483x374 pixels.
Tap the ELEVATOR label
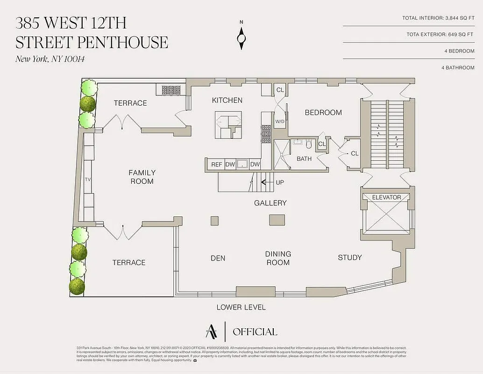point(386,197)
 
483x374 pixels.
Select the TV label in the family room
point(87,180)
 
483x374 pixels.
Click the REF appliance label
point(216,165)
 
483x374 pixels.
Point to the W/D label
point(280,122)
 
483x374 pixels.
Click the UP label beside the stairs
point(279,182)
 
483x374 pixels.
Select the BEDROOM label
point(323,113)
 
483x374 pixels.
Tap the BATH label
point(304,159)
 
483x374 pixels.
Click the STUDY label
point(350,258)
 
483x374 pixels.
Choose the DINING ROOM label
point(278,258)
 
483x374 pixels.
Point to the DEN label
point(218,258)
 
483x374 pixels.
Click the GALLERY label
point(270,203)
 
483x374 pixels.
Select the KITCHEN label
point(227,100)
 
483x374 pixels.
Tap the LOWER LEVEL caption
point(241,307)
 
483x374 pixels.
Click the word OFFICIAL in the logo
point(255,332)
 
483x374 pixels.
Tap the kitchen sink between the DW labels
point(242,164)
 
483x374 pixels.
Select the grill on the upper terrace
point(171,89)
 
